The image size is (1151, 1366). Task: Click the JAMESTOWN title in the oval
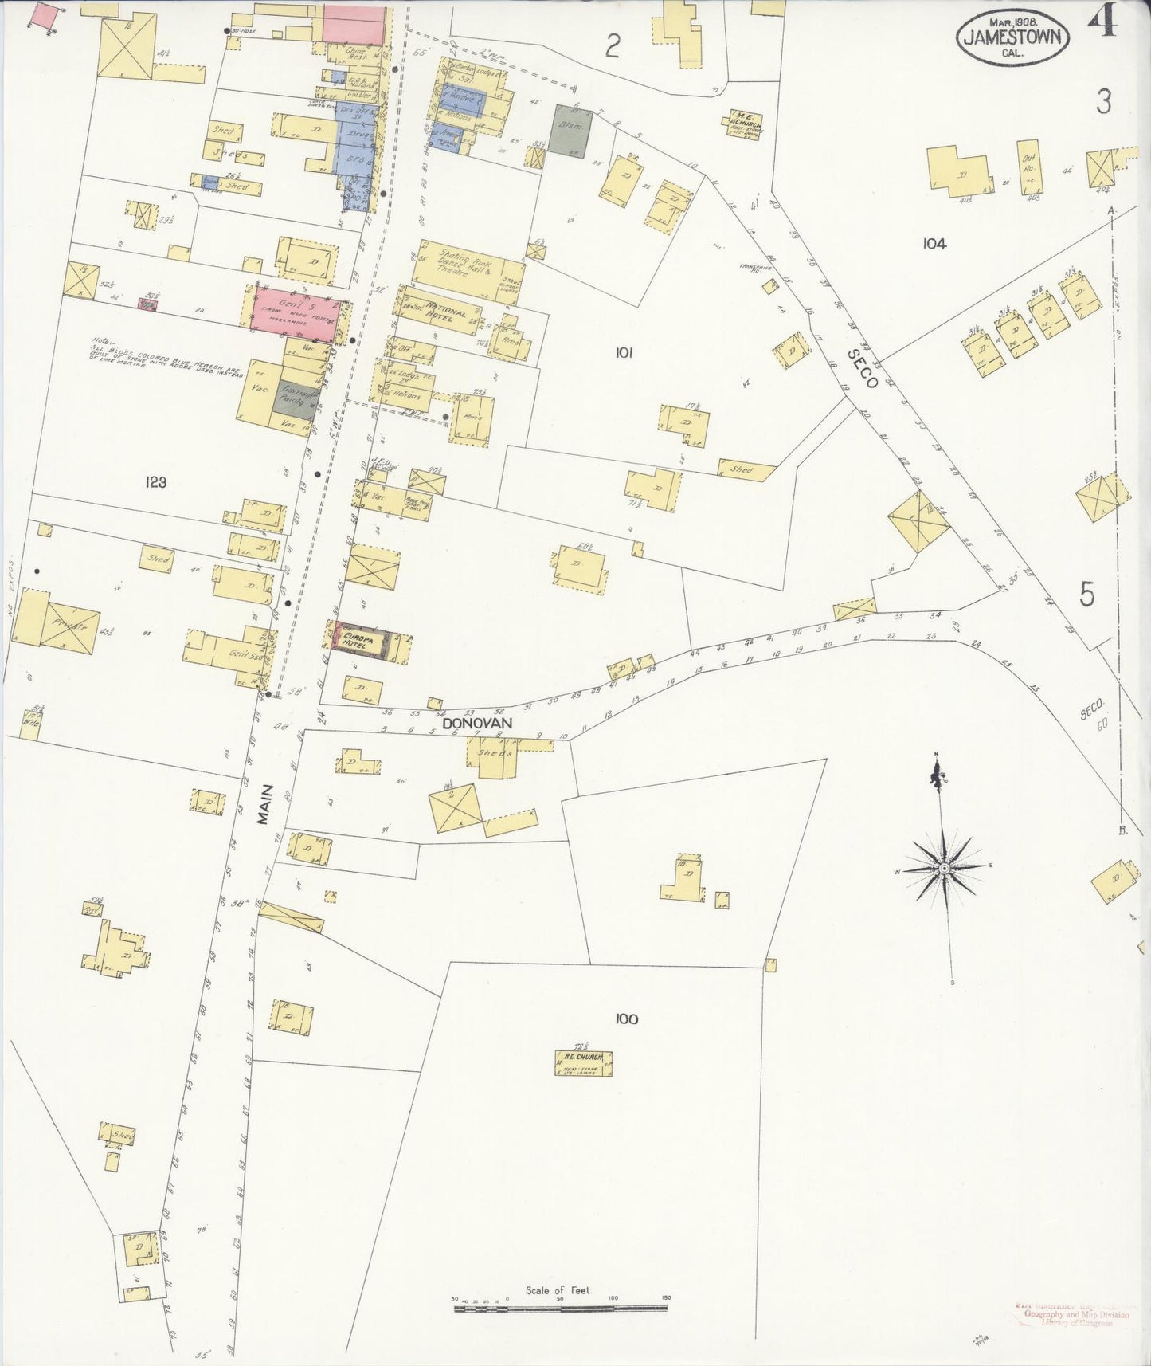[x=1012, y=37]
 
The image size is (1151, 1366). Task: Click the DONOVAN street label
[x=476, y=723]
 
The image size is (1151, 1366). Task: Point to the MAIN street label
[x=265, y=804]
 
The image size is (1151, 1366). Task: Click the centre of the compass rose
[x=943, y=868]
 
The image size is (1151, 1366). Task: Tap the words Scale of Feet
[x=558, y=1289]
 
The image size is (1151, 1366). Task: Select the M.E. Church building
[x=744, y=126]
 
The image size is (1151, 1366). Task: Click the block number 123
[x=155, y=481]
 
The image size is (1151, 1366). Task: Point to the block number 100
[x=627, y=1018]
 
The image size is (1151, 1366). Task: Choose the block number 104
[x=934, y=244]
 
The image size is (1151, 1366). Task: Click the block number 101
[x=624, y=351]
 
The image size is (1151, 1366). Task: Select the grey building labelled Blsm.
[x=572, y=131]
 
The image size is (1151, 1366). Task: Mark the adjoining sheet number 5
[x=1087, y=595]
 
